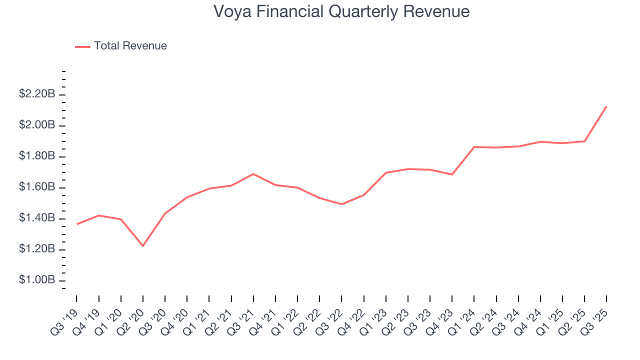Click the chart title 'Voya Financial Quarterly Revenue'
(x=341, y=11)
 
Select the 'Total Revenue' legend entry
(x=130, y=46)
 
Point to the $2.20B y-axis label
(x=37, y=94)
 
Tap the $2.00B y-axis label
(x=37, y=125)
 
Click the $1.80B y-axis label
(x=37, y=156)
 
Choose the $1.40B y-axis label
(x=37, y=218)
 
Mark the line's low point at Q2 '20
(x=143, y=245)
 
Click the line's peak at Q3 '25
(x=606, y=106)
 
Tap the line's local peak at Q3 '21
(x=253, y=174)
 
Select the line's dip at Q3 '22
(x=341, y=204)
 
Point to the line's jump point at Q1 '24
(x=474, y=147)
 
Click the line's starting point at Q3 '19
(x=77, y=224)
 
